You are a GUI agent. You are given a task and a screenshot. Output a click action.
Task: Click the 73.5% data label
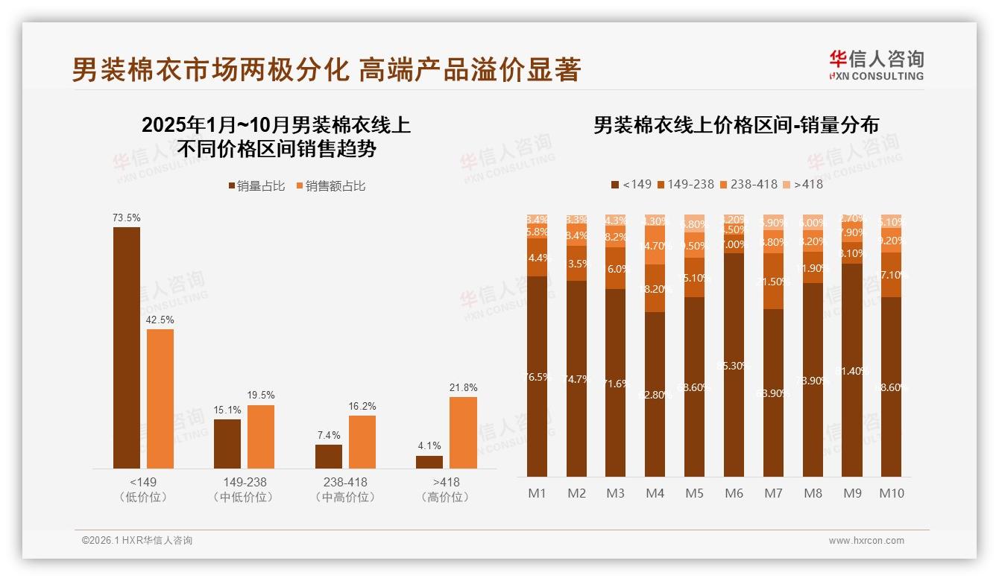click(x=126, y=218)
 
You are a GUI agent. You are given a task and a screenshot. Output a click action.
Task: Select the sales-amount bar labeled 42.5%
click(x=160, y=399)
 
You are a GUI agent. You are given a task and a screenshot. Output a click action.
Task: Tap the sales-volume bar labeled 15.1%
click(x=227, y=443)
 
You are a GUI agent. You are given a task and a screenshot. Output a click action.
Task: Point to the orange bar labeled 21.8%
click(x=463, y=432)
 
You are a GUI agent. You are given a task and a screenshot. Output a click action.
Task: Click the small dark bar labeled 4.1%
click(x=429, y=462)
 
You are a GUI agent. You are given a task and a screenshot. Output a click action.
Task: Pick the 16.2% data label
click(x=362, y=406)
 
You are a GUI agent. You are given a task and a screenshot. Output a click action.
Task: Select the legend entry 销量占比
click(x=256, y=186)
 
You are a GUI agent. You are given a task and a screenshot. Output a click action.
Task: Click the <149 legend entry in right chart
click(x=631, y=184)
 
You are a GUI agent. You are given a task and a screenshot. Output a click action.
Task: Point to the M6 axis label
click(x=734, y=493)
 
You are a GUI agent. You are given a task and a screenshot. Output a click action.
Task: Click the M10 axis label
click(x=891, y=493)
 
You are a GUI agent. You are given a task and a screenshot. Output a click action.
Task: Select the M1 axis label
click(x=537, y=493)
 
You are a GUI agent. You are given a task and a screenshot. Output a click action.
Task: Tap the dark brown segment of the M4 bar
click(x=655, y=394)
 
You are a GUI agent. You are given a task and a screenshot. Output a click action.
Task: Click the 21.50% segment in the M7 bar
click(x=773, y=282)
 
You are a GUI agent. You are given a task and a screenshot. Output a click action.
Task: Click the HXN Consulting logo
click(x=876, y=65)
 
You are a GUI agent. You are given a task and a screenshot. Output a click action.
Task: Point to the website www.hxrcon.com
click(x=866, y=541)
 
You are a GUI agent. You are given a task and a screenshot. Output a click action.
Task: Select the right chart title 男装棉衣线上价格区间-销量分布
click(x=736, y=124)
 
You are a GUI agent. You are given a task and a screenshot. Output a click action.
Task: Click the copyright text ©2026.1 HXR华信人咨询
click(x=136, y=541)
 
